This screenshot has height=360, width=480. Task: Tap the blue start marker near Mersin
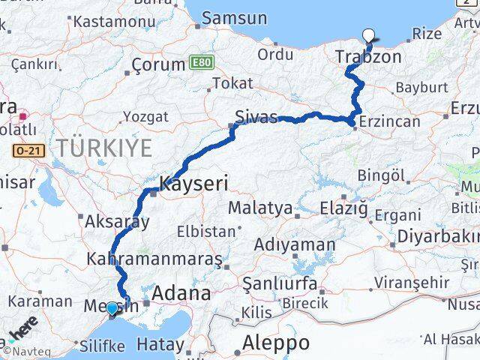(112, 308)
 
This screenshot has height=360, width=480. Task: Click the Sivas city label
(256, 116)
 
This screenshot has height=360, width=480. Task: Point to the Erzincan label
(390, 121)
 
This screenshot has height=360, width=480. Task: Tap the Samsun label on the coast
(234, 18)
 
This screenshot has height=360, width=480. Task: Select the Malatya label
(259, 207)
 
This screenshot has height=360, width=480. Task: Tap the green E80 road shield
(201, 61)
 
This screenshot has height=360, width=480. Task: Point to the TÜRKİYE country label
(103, 147)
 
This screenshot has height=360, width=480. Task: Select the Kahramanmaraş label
(154, 259)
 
